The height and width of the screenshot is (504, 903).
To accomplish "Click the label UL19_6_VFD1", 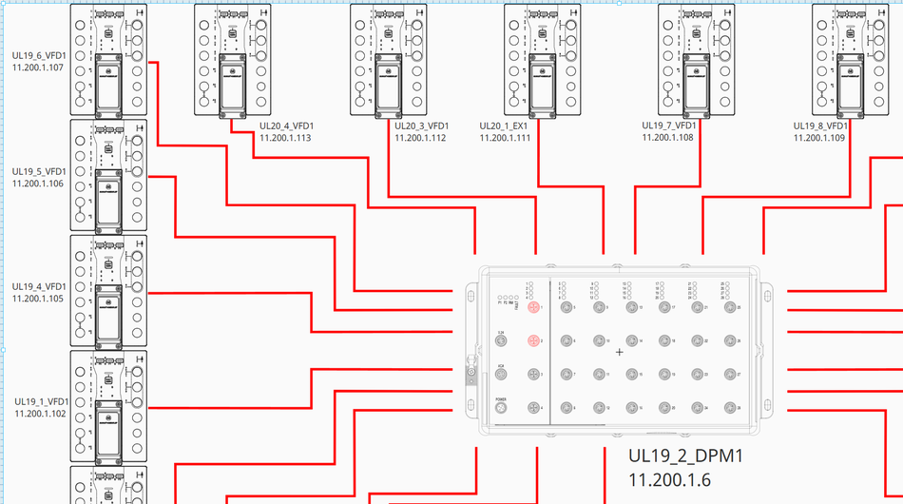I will (x=38, y=56).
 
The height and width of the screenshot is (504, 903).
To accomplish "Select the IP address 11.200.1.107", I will (x=38, y=68).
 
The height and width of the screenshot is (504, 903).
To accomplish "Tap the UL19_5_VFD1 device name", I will (x=38, y=172).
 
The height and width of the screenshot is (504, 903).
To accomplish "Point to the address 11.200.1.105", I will (x=38, y=299).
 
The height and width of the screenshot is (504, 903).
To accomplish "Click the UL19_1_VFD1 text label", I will (x=40, y=402).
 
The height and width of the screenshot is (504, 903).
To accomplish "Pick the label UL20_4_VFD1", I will (x=286, y=126).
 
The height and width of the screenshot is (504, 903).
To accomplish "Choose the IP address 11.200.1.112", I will (x=419, y=138).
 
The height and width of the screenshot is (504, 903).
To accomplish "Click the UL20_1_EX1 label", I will (x=505, y=126).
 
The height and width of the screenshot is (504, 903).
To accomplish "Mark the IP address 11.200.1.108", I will (x=667, y=138).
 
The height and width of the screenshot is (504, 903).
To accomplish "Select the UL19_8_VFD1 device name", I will (x=820, y=126).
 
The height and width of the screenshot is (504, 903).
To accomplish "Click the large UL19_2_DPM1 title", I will (x=684, y=456).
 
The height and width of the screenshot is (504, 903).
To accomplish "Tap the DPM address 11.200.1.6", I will (x=669, y=480).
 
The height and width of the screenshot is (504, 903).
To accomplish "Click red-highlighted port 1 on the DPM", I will (x=533, y=307).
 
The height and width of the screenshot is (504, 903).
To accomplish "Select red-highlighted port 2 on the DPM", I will (x=533, y=340).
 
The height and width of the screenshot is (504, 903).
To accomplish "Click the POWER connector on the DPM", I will (x=501, y=408).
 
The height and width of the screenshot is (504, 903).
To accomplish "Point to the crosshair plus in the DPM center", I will (x=620, y=352).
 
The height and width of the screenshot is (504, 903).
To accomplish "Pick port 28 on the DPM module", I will (x=729, y=408).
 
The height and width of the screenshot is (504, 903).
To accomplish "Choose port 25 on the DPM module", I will (x=729, y=307).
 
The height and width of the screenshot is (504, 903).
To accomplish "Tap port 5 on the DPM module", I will (x=567, y=307).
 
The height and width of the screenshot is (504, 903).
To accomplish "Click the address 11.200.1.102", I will (x=40, y=414).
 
